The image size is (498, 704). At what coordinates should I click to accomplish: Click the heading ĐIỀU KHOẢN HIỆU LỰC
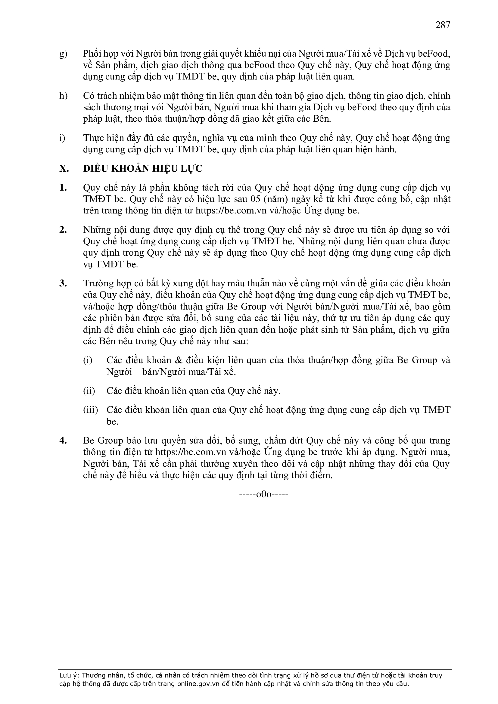pyautogui.click(x=143, y=169)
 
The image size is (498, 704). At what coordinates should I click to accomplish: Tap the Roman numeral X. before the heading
pyautogui.click(x=64, y=169)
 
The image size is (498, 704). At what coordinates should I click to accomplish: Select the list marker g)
pyautogui.click(x=63, y=54)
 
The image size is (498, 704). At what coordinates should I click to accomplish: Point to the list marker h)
pyautogui.click(x=63, y=96)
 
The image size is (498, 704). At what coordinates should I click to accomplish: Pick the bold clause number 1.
pyautogui.click(x=63, y=188)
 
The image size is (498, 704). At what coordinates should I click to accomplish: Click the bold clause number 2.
pyautogui.click(x=63, y=230)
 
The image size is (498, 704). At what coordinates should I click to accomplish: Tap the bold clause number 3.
pyautogui.click(x=63, y=283)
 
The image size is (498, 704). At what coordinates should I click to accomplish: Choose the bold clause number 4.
pyautogui.click(x=63, y=441)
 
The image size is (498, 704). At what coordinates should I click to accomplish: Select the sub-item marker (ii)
pyautogui.click(x=89, y=391)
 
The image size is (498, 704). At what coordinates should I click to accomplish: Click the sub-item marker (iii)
pyautogui.click(x=90, y=410)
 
